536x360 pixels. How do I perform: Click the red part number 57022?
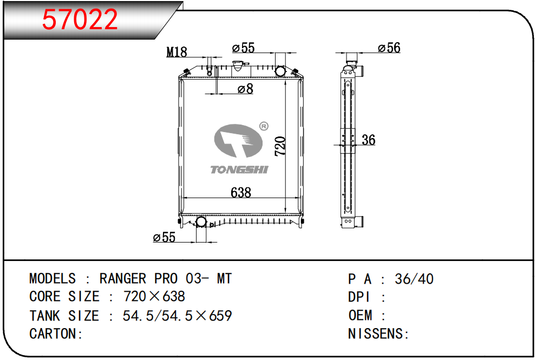click(x=80, y=19)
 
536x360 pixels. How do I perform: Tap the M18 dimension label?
click(x=177, y=52)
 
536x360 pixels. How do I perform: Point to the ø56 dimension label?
click(x=389, y=48)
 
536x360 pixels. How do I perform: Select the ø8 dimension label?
click(x=245, y=89)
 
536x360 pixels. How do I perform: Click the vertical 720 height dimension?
click(x=280, y=146)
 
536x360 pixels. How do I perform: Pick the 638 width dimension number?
click(x=241, y=193)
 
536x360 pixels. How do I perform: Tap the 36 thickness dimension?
click(x=369, y=140)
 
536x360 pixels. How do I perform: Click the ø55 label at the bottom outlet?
click(x=165, y=237)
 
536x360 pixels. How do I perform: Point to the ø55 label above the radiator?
click(x=244, y=48)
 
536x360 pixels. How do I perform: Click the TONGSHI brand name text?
click(x=239, y=169)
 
